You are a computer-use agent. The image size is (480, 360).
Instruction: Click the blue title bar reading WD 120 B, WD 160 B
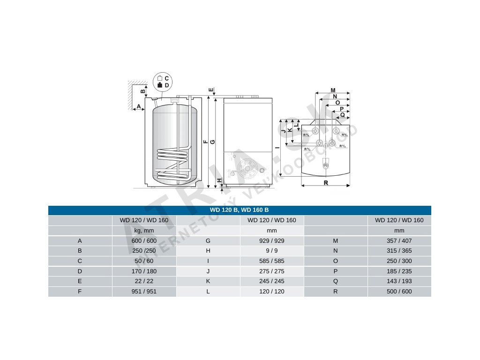pos(239,210)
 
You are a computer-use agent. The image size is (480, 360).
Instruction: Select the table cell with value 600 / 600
pos(144,241)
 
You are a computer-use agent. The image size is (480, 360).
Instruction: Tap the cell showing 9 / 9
pos(272,251)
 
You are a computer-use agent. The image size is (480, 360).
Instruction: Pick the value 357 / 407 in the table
pos(399,241)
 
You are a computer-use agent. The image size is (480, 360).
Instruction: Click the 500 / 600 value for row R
pos(399,292)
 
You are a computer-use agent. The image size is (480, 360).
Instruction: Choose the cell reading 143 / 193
pos(399,281)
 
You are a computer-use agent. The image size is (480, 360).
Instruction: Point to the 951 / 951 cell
pos(144,292)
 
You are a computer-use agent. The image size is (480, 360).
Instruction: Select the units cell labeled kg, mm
pos(144,231)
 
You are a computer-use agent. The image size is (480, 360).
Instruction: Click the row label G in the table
pos(208,241)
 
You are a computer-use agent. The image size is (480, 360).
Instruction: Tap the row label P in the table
pos(336,271)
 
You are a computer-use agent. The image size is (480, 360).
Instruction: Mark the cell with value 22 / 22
pos(144,281)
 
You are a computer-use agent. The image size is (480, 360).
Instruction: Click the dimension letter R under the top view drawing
pos(326,183)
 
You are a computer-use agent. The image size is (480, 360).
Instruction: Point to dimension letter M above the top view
pos(333,90)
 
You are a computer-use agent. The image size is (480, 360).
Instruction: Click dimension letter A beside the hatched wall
pos(139,106)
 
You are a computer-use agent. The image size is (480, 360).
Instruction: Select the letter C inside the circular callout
pos(166,79)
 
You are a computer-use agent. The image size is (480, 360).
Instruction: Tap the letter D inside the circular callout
pos(166,85)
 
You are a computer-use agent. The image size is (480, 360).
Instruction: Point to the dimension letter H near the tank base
pos(219,180)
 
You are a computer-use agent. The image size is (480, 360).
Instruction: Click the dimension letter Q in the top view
pos(342,115)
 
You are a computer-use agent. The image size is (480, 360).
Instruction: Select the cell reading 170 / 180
pos(144,271)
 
